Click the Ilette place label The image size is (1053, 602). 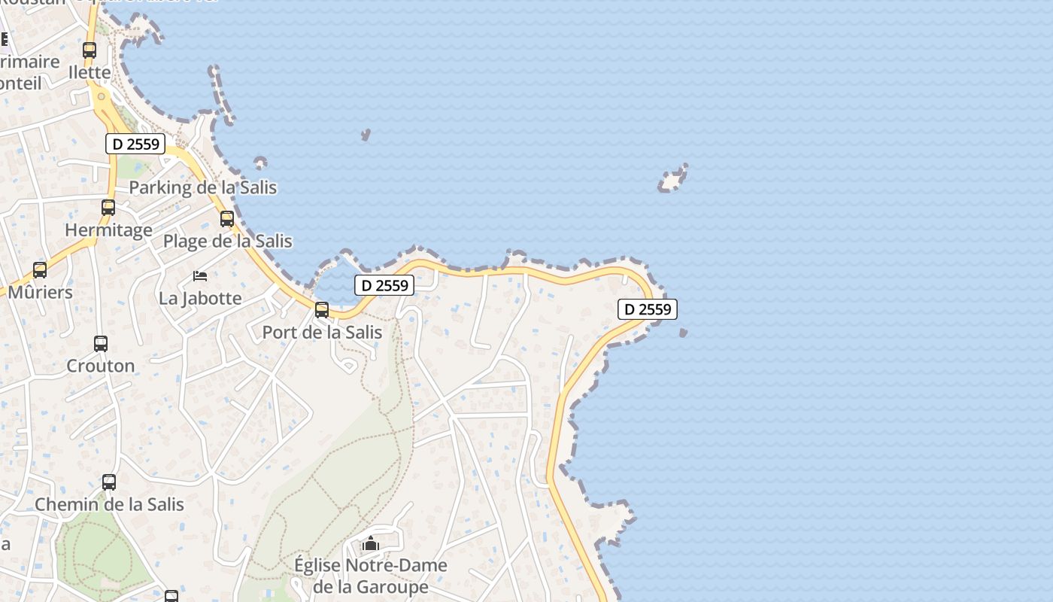tap(90, 73)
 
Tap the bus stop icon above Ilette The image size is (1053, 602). tap(90, 50)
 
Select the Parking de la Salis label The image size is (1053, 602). tap(203, 187)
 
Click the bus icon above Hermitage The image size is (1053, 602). tap(108, 207)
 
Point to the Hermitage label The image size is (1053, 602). tap(108, 230)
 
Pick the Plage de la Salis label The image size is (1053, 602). tap(228, 242)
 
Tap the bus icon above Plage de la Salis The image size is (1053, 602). tap(227, 219)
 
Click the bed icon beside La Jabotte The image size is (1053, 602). tap(200, 276)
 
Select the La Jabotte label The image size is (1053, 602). tap(200, 298)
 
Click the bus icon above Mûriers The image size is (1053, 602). tap(40, 269)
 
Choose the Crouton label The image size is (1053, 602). tap(101, 366)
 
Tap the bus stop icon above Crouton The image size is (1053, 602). tap(101, 344)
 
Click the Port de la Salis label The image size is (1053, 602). tap(322, 332)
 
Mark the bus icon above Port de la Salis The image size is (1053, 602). tap(322, 309)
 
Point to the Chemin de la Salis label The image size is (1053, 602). tap(109, 504)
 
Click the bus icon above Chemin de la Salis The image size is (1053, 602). tap(109, 482)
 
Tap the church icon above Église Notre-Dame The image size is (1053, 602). tap(370, 543)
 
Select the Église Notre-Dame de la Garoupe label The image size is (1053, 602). tap(370, 576)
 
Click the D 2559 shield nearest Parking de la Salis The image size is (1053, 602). tap(135, 144)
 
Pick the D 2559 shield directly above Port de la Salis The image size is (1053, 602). tap(384, 285)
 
